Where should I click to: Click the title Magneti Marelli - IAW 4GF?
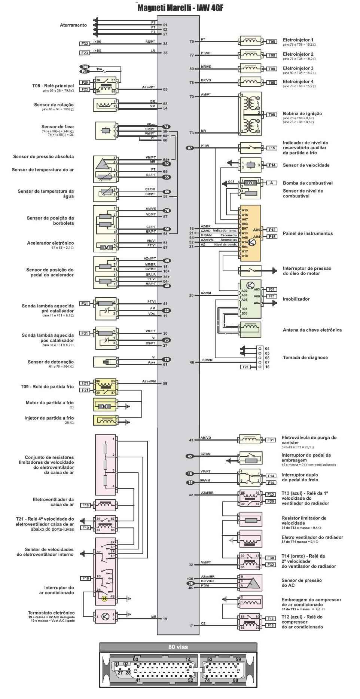180,8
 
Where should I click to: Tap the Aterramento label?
73,25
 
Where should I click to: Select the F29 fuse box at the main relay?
85,82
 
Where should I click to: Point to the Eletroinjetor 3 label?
298,68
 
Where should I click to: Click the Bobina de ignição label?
302,114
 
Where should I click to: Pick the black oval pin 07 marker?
190,148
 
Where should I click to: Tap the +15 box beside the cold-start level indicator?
272,148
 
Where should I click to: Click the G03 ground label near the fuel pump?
231,182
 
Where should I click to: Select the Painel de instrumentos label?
308,233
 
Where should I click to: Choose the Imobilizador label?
296,299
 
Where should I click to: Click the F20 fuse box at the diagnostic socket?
245,367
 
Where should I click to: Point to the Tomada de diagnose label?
305,358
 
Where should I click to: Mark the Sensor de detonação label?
51,362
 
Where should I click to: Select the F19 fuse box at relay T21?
86,528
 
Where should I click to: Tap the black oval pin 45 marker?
190,456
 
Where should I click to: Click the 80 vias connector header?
178,647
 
